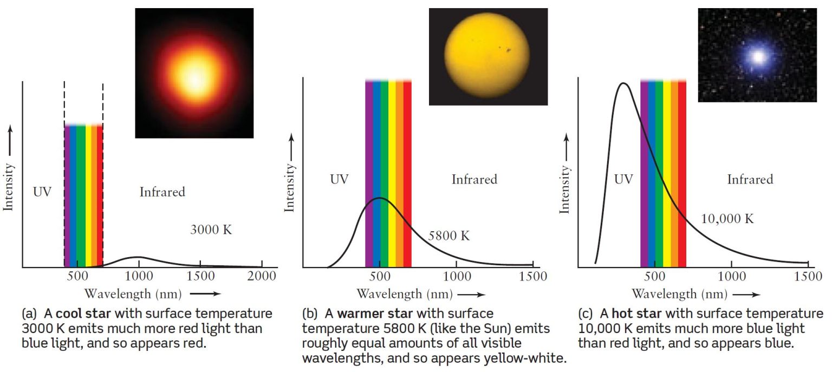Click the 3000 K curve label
[211, 230]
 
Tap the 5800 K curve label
[449, 236]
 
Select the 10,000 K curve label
[727, 219]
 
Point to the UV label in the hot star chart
[623, 179]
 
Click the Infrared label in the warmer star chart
[474, 179]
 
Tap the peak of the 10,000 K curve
[624, 83]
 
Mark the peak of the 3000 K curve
[138, 257]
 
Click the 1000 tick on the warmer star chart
[456, 276]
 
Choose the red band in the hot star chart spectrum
[682, 173]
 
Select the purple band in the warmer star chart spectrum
[369, 173]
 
